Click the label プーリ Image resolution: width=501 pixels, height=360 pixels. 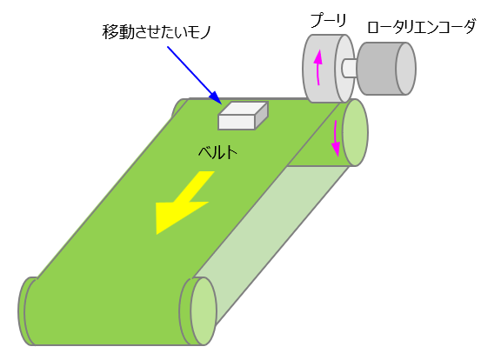coord(328,21)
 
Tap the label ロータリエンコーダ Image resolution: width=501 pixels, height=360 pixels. coord(422,26)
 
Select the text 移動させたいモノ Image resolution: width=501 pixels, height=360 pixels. coord(157,32)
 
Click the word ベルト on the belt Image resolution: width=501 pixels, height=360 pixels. coord(218,152)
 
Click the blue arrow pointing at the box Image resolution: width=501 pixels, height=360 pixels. coord(194,76)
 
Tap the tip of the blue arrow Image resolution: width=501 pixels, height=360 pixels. coord(222,104)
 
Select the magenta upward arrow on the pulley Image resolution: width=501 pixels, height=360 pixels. coord(317,68)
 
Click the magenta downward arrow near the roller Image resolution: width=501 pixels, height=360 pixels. coord(336,138)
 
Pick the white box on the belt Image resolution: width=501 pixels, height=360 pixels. coord(243,116)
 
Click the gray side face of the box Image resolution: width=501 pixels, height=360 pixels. coord(262,116)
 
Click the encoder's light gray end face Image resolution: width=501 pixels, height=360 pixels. coord(406,69)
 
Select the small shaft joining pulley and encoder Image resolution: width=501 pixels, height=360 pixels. coord(349,69)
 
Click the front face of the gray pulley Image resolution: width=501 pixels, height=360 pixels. coord(319,69)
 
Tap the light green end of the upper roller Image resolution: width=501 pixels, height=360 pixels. coord(355,132)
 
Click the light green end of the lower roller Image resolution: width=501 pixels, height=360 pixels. coord(204,311)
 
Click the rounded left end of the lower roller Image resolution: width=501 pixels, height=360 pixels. coord(25,311)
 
